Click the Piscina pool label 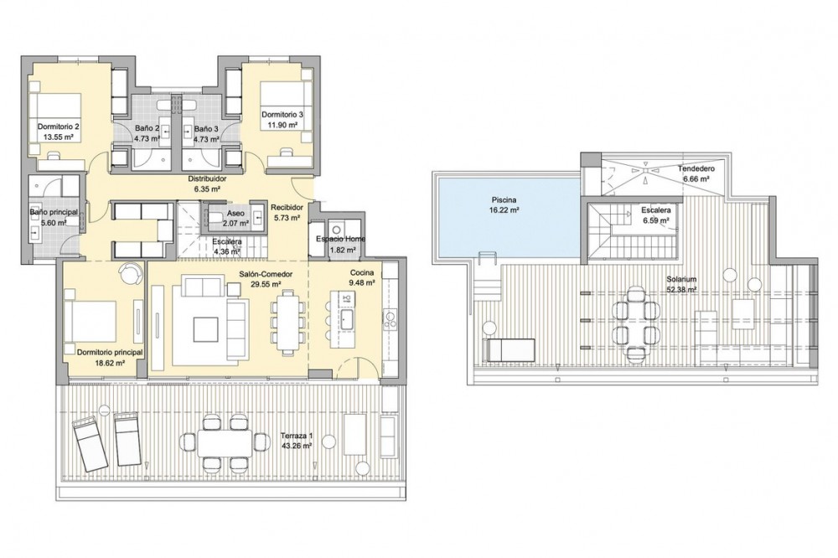click(504, 200)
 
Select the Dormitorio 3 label click(282, 115)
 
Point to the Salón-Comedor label click(266, 274)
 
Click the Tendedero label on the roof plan click(696, 168)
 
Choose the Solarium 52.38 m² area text click(681, 290)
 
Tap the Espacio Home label click(340, 239)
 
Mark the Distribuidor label click(207, 178)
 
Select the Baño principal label click(54, 212)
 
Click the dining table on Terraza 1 click(225, 443)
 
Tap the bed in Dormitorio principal click(90, 321)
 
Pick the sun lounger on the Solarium click(509, 350)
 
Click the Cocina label click(362, 273)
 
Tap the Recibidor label click(287, 208)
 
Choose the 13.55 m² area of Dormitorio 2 click(59, 137)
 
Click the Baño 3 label click(206, 128)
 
